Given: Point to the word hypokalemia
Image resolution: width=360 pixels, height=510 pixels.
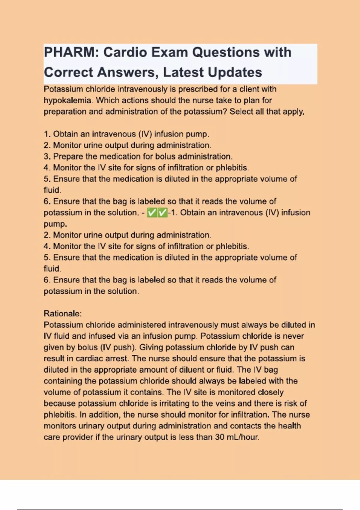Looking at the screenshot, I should (x=67, y=100).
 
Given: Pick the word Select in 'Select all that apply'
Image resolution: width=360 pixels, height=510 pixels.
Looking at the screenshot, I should (x=241, y=112).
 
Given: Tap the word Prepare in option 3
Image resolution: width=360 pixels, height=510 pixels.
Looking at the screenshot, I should (x=68, y=156).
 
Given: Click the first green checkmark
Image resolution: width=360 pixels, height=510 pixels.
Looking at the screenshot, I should (x=152, y=213).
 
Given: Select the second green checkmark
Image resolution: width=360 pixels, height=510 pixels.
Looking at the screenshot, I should (x=162, y=213).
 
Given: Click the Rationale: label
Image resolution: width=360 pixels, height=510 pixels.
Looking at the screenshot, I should (x=63, y=313).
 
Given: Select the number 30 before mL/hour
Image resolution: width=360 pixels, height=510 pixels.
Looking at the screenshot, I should (x=220, y=437).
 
